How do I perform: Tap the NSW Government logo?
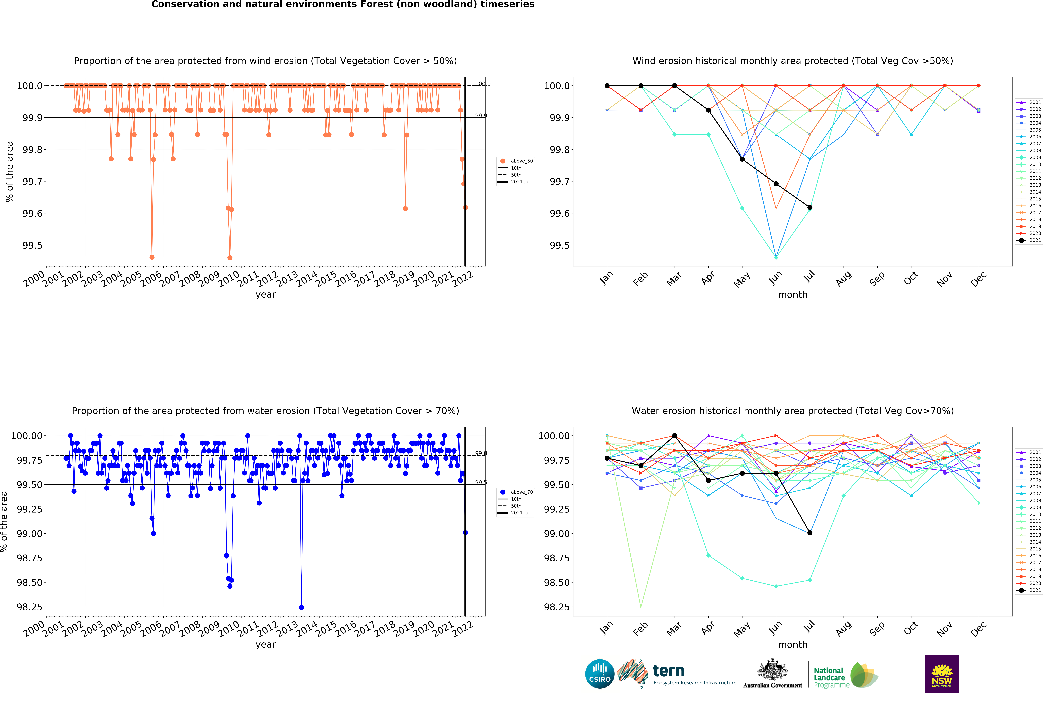[x=942, y=674]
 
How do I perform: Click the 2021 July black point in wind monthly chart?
[x=810, y=207]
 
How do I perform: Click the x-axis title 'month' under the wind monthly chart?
[x=793, y=295]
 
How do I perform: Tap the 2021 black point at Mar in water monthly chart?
[x=675, y=435]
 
